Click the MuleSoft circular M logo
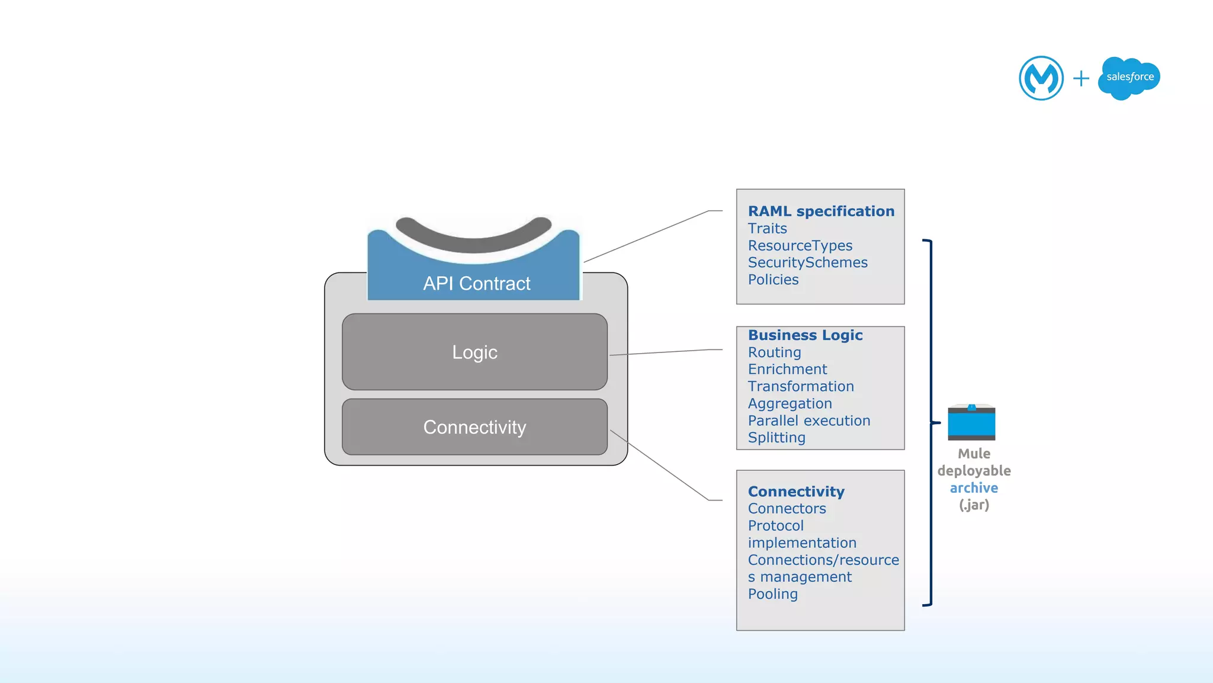click(1041, 78)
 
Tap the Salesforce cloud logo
click(1129, 78)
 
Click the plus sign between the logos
click(1081, 78)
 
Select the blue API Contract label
click(476, 284)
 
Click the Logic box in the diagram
click(474, 352)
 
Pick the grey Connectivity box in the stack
click(474, 427)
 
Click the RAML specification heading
click(821, 211)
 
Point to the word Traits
click(767, 229)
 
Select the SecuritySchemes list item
click(807, 262)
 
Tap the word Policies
click(773, 280)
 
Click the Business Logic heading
click(805, 335)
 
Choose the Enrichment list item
click(787, 370)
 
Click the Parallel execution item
click(809, 421)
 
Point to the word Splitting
click(776, 438)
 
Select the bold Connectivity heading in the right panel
click(796, 492)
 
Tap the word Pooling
click(772, 594)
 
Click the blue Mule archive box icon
click(971, 422)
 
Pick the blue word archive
click(974, 488)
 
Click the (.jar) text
click(974, 505)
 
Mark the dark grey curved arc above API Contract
click(474, 237)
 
